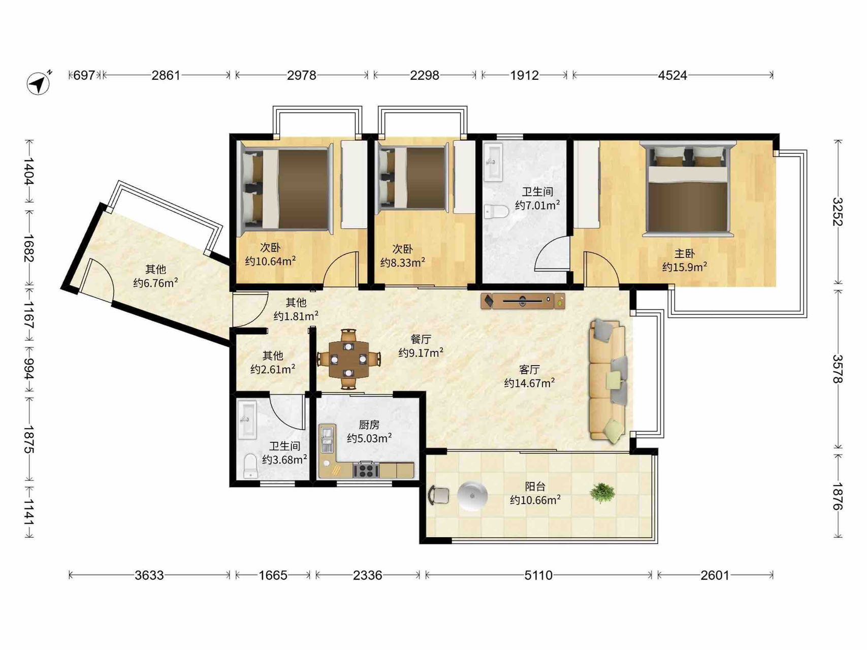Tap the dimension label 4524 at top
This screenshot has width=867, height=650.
tap(672, 75)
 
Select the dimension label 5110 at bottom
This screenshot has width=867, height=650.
tap(538, 575)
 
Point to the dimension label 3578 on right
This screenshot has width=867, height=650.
tap(838, 369)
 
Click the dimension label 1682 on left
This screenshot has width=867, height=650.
tap(28, 248)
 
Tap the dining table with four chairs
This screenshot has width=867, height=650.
tap(348, 359)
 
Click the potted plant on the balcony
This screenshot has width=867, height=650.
tap(602, 492)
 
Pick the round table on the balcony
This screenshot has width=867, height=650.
tap(472, 495)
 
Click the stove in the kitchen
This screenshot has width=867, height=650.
tap(366, 470)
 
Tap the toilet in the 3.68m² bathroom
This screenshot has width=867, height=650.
tap(250, 466)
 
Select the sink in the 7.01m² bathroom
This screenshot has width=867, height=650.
tap(493, 161)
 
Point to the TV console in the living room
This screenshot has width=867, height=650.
tap(523, 301)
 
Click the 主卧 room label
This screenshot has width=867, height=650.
tap(684, 253)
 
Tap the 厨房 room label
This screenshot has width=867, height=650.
tap(369, 425)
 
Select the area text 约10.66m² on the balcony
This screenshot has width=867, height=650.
tap(535, 500)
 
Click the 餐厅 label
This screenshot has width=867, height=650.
tap(421, 339)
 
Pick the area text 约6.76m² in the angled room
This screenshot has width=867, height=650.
tap(155, 283)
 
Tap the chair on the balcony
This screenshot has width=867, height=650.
tap(439, 495)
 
